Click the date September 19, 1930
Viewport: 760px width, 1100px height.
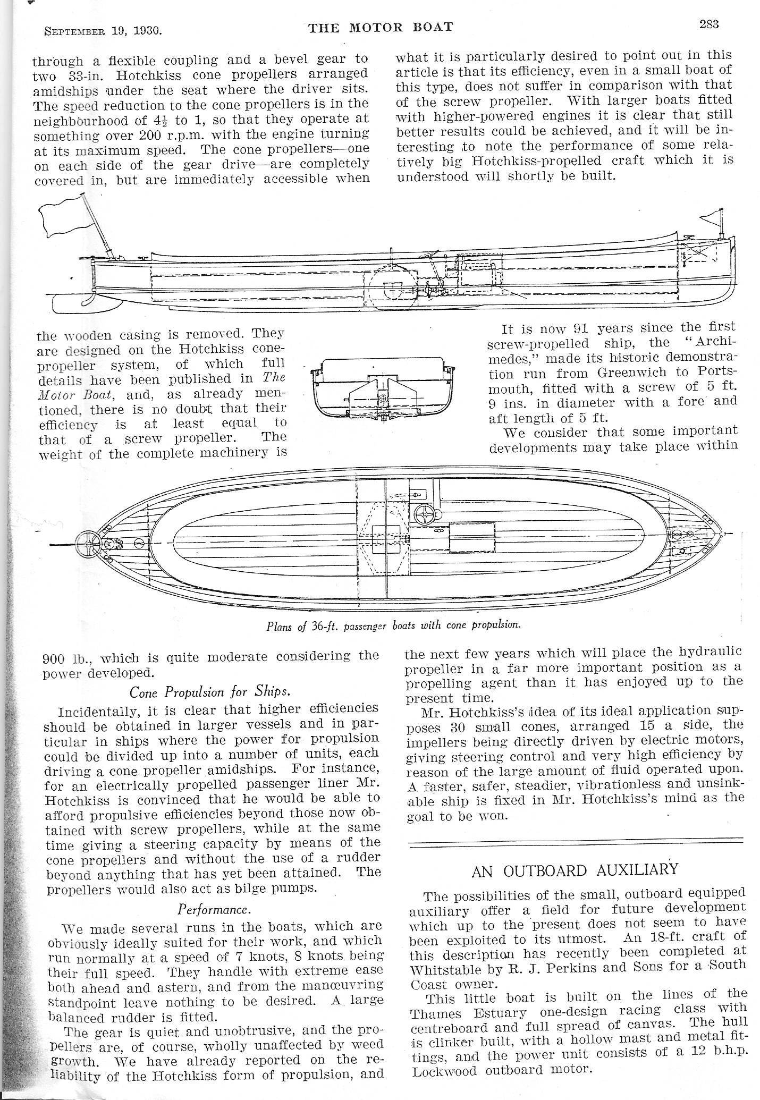103,30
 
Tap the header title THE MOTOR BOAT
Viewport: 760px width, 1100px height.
381,27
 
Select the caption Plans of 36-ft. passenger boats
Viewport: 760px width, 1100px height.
393,625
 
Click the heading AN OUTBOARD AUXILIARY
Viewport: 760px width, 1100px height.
575,870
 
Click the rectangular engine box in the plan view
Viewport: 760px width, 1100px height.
472,538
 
